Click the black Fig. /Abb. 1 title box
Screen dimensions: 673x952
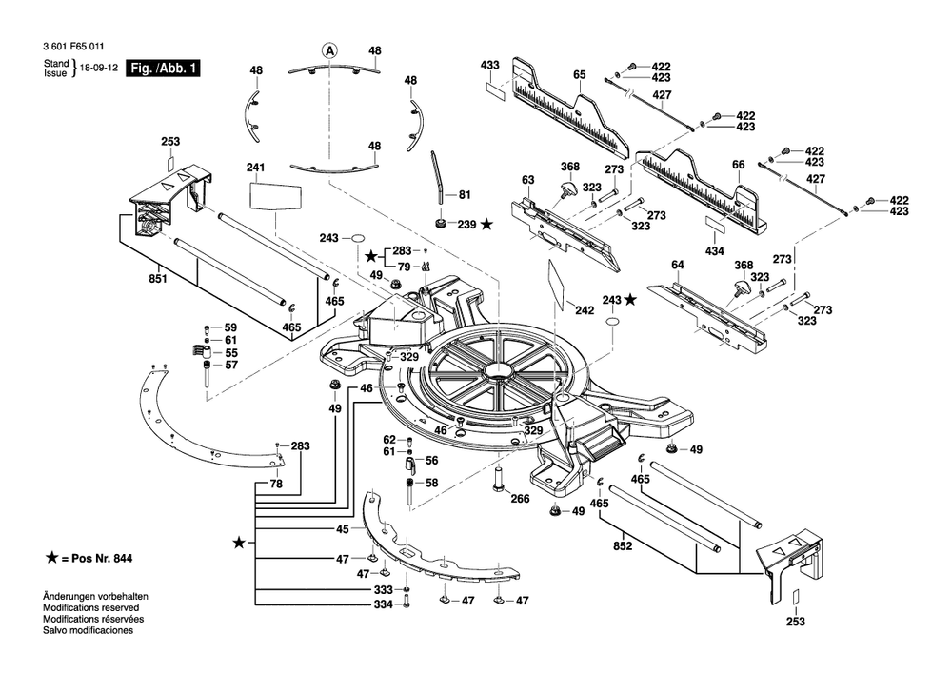(x=163, y=69)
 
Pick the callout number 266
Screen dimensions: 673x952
(x=520, y=498)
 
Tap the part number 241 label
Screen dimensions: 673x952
(x=254, y=168)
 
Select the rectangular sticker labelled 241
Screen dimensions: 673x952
(x=275, y=196)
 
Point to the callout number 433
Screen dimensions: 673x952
(x=489, y=65)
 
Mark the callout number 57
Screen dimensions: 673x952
(x=230, y=366)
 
